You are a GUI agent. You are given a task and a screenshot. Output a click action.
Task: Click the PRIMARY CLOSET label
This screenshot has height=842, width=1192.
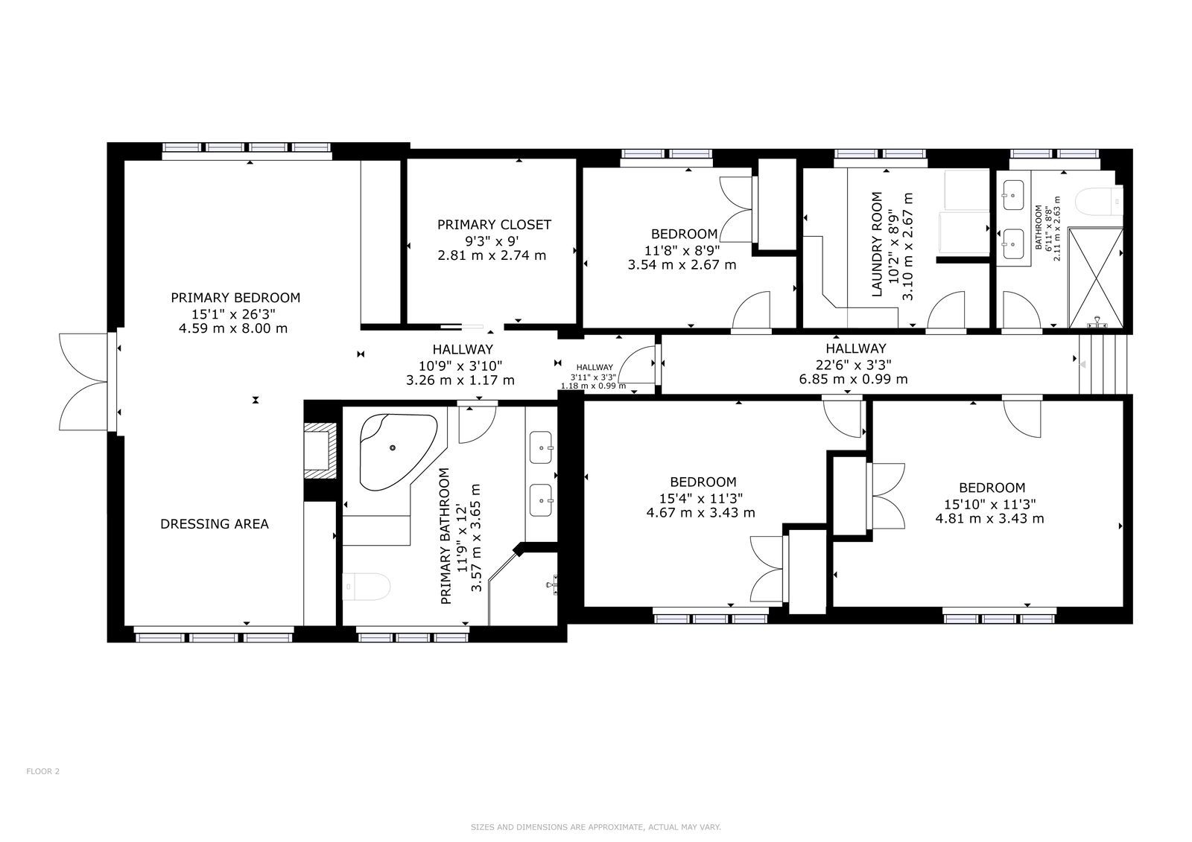[x=494, y=225]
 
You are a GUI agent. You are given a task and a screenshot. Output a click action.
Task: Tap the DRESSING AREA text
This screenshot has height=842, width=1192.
[x=215, y=524]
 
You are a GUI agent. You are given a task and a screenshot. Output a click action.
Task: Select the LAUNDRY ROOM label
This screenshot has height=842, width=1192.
[x=878, y=244]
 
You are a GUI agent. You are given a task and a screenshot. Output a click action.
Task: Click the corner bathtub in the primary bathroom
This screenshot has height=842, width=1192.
[x=399, y=452]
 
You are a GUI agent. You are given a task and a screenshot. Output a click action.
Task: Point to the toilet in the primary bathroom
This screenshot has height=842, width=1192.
[x=366, y=587]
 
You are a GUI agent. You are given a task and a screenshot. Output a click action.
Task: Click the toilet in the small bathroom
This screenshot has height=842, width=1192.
[x=1100, y=202]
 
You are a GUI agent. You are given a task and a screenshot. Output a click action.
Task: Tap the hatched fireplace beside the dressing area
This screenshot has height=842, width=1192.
[x=320, y=450]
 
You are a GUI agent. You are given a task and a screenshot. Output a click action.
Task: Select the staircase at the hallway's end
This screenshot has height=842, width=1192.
[x=1103, y=364]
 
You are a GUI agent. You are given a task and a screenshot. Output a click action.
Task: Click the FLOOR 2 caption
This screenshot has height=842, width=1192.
[x=43, y=771]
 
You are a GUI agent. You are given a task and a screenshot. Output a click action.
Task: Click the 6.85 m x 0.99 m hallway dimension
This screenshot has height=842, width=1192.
[x=854, y=379]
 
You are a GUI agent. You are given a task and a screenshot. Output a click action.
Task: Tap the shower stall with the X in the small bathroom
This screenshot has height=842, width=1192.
[x=1096, y=278]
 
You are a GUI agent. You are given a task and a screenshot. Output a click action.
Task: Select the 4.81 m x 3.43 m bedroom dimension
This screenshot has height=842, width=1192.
[x=990, y=519]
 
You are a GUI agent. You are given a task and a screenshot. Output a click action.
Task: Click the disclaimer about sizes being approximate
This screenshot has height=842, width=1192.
[x=596, y=827]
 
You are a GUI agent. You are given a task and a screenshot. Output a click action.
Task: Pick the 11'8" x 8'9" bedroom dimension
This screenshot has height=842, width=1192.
[x=682, y=250]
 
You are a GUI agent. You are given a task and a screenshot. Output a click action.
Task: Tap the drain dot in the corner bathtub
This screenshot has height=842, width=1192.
[x=393, y=448]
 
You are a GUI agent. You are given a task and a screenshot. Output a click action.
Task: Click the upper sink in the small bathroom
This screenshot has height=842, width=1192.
[x=1013, y=195]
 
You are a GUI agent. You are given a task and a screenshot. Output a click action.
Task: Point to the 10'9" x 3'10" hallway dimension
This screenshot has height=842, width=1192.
[x=461, y=366]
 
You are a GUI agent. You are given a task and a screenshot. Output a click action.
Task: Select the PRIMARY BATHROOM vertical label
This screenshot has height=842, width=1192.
[x=446, y=536]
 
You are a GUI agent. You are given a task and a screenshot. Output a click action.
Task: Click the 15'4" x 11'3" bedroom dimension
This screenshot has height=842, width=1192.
[x=701, y=498]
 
